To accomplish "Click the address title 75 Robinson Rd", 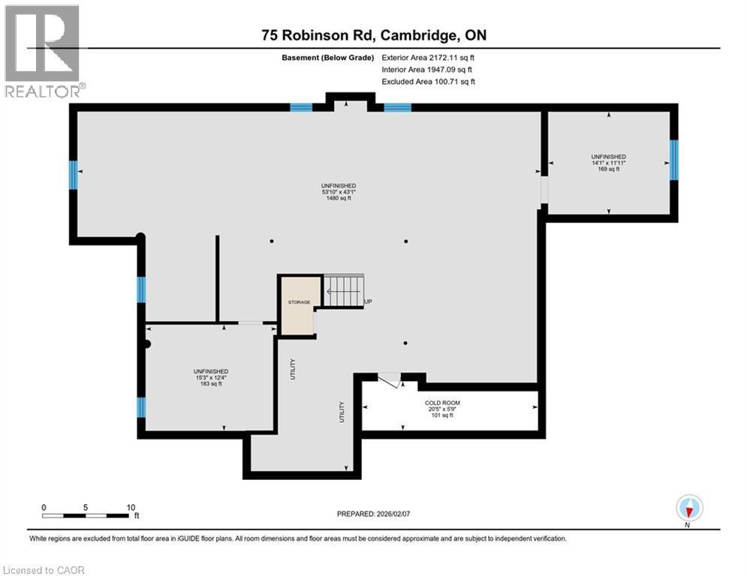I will (374, 34).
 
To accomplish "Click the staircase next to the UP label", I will (344, 289).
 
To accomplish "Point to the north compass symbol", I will (688, 508).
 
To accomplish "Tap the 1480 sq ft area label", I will (338, 199).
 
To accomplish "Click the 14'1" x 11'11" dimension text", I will (608, 163).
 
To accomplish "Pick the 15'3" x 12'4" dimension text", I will (210, 378).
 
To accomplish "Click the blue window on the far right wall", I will (673, 160).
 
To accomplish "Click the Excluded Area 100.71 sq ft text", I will (429, 81).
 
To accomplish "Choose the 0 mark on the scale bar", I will (44, 507).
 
